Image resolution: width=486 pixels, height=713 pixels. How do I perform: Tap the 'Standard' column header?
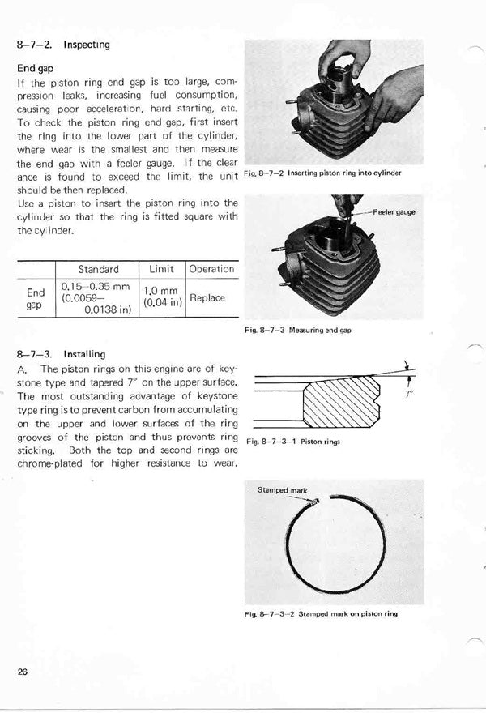click(x=98, y=269)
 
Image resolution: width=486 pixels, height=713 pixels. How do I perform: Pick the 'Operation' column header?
click(x=211, y=269)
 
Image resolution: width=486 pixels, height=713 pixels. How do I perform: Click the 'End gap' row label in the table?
click(x=36, y=298)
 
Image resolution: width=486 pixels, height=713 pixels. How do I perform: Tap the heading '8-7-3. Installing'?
click(x=61, y=354)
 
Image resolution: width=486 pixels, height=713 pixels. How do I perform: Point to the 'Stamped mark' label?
click(x=282, y=490)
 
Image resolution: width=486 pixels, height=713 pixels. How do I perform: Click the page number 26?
click(x=22, y=671)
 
